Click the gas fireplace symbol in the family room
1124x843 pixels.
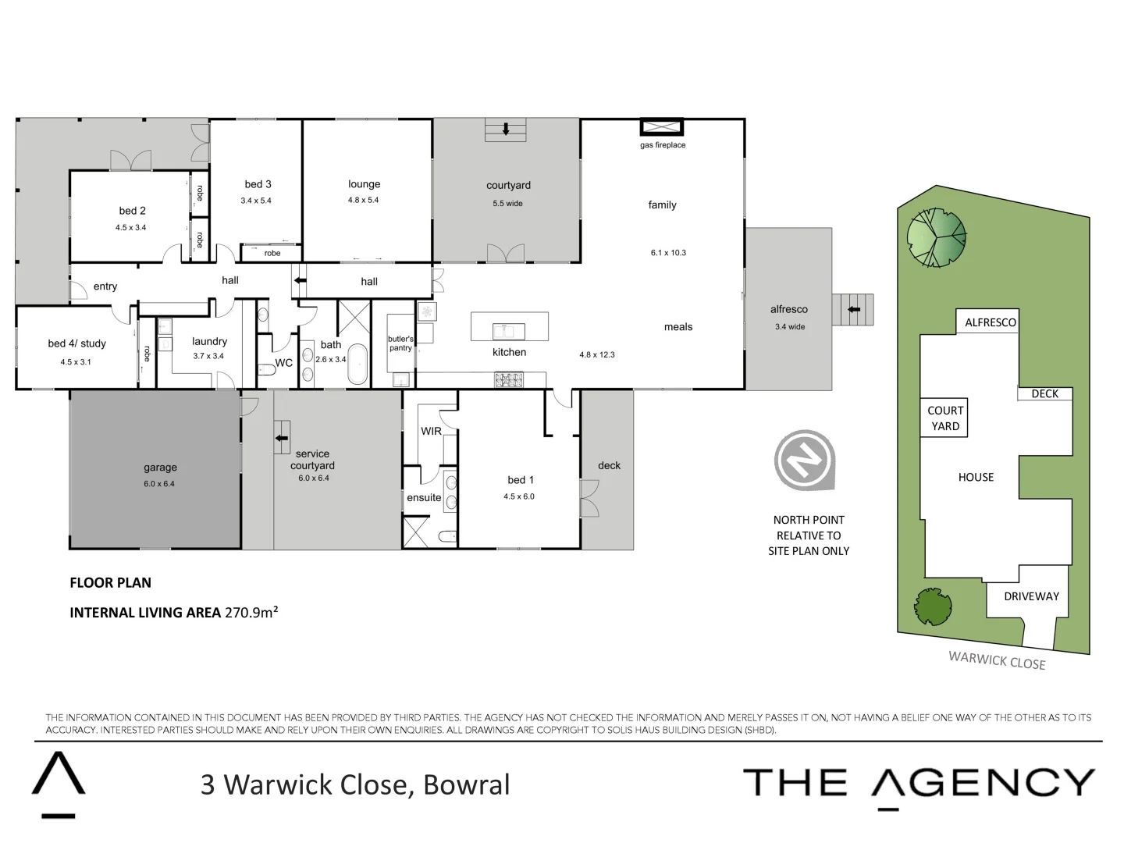point(662,127)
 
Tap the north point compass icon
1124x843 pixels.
point(804,461)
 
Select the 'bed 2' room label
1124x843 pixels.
point(132,211)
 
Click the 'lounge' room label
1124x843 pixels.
point(364,184)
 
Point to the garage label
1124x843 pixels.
point(160,468)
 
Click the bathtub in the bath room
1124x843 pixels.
point(358,364)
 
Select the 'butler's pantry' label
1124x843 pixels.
point(400,343)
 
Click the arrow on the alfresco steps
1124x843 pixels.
point(854,310)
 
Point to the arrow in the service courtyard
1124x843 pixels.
point(281,438)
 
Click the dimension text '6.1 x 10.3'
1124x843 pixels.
point(668,253)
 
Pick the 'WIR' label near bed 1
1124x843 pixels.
point(431,431)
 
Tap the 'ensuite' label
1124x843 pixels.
point(424,498)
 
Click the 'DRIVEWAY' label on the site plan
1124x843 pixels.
point(1031,596)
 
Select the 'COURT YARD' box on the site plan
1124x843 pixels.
point(945,418)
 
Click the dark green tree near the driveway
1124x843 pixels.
point(932,606)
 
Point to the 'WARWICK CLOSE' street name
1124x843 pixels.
point(997,660)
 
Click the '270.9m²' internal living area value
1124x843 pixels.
point(251,612)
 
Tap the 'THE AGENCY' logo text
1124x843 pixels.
point(919,783)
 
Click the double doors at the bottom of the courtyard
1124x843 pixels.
point(506,254)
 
